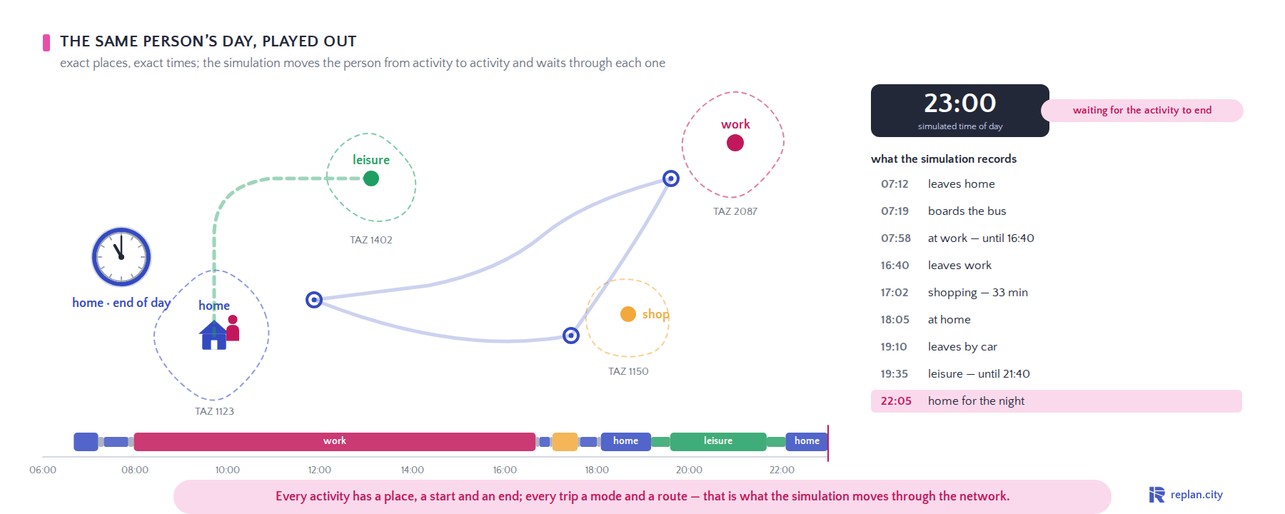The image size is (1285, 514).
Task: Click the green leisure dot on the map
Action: pos(371,178)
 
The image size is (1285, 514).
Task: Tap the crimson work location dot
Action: pos(735,143)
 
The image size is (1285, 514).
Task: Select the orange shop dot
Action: pos(628,314)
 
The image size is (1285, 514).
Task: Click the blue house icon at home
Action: pos(213,335)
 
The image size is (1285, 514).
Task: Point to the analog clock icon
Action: pos(121,257)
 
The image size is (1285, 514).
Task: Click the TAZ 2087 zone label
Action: pos(735,211)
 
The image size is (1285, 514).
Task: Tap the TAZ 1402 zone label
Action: pos(371,240)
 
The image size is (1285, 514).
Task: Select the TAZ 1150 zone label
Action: pos(628,371)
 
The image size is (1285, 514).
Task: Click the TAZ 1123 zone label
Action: pos(214,411)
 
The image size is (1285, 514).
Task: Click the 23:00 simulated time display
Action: pos(960,104)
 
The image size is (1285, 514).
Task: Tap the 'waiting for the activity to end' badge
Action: pos(1142,111)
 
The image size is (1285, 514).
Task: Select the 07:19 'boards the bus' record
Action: pos(943,211)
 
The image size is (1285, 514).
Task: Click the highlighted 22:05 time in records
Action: pos(896,401)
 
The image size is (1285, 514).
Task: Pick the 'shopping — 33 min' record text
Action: pos(978,293)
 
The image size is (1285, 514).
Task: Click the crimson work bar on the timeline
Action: pos(335,442)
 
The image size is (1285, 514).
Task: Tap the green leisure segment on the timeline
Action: pos(718,442)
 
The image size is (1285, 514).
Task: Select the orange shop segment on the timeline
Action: pos(565,442)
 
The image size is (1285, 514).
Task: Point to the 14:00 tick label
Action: pos(413,470)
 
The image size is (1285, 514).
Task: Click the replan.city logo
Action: pos(1186,495)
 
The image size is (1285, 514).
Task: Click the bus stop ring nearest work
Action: pos(671,178)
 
